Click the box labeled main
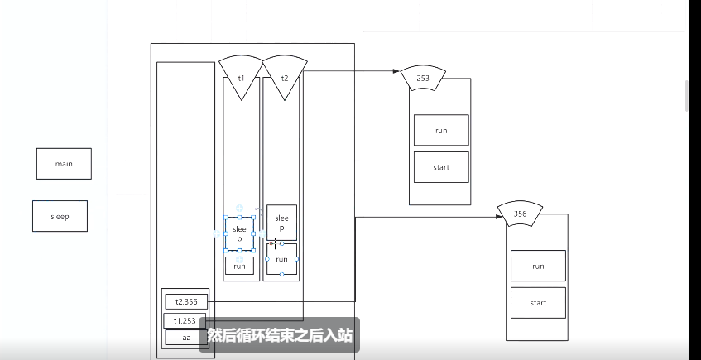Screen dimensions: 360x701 (64, 164)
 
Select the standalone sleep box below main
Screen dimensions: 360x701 (60, 216)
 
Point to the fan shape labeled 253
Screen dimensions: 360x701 (422, 78)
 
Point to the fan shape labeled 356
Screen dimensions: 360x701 (520, 214)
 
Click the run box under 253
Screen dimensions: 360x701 (441, 130)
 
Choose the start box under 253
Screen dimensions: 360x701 (441, 167)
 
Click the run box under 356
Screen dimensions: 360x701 (538, 266)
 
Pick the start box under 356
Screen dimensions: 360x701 (538, 303)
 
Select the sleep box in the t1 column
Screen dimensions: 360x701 (239, 233)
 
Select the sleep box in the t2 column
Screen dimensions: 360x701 (281, 223)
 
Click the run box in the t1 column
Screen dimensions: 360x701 (239, 266)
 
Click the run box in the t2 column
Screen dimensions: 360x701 (281, 259)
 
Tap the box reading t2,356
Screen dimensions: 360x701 (186, 302)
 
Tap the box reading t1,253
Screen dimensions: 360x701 (186, 320)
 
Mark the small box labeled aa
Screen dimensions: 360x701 (186, 337)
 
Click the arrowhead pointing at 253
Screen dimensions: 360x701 (396, 72)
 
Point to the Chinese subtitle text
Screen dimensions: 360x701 (280, 336)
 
